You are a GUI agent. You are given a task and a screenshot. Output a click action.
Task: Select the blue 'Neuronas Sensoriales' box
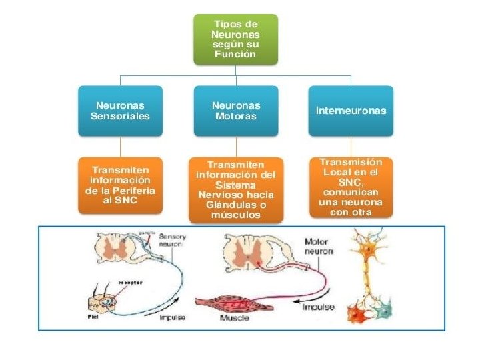click(x=120, y=110)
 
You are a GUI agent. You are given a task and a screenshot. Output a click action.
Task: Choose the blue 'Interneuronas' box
click(x=351, y=110)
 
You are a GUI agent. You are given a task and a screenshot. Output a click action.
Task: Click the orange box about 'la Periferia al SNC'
click(x=120, y=185)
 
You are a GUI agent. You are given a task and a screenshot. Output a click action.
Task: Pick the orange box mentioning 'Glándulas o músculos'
click(x=235, y=189)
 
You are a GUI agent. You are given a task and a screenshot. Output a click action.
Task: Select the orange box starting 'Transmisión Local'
click(x=351, y=187)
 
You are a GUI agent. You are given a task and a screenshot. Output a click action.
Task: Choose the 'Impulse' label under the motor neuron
click(x=318, y=307)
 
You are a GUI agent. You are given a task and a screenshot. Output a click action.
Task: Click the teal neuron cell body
click(x=383, y=308)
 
